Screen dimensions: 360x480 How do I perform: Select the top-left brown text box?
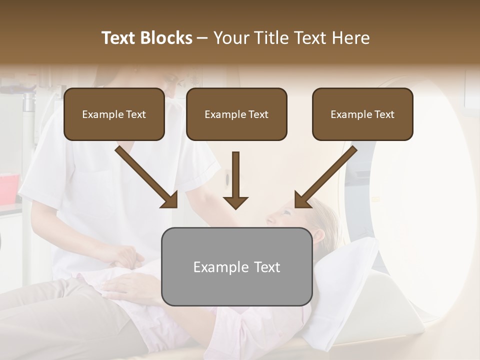coord(114,114)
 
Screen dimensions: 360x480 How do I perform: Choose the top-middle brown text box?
coord(236,114)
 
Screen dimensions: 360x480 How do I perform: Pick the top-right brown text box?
coord(362,114)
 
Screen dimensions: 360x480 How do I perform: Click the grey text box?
coord(236,266)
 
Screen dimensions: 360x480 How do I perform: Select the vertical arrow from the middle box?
coord(235,180)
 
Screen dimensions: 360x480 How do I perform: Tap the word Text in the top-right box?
coord(384,114)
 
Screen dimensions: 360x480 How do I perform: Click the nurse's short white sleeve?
coord(200,170)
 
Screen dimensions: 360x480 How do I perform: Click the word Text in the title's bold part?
coord(119,38)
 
